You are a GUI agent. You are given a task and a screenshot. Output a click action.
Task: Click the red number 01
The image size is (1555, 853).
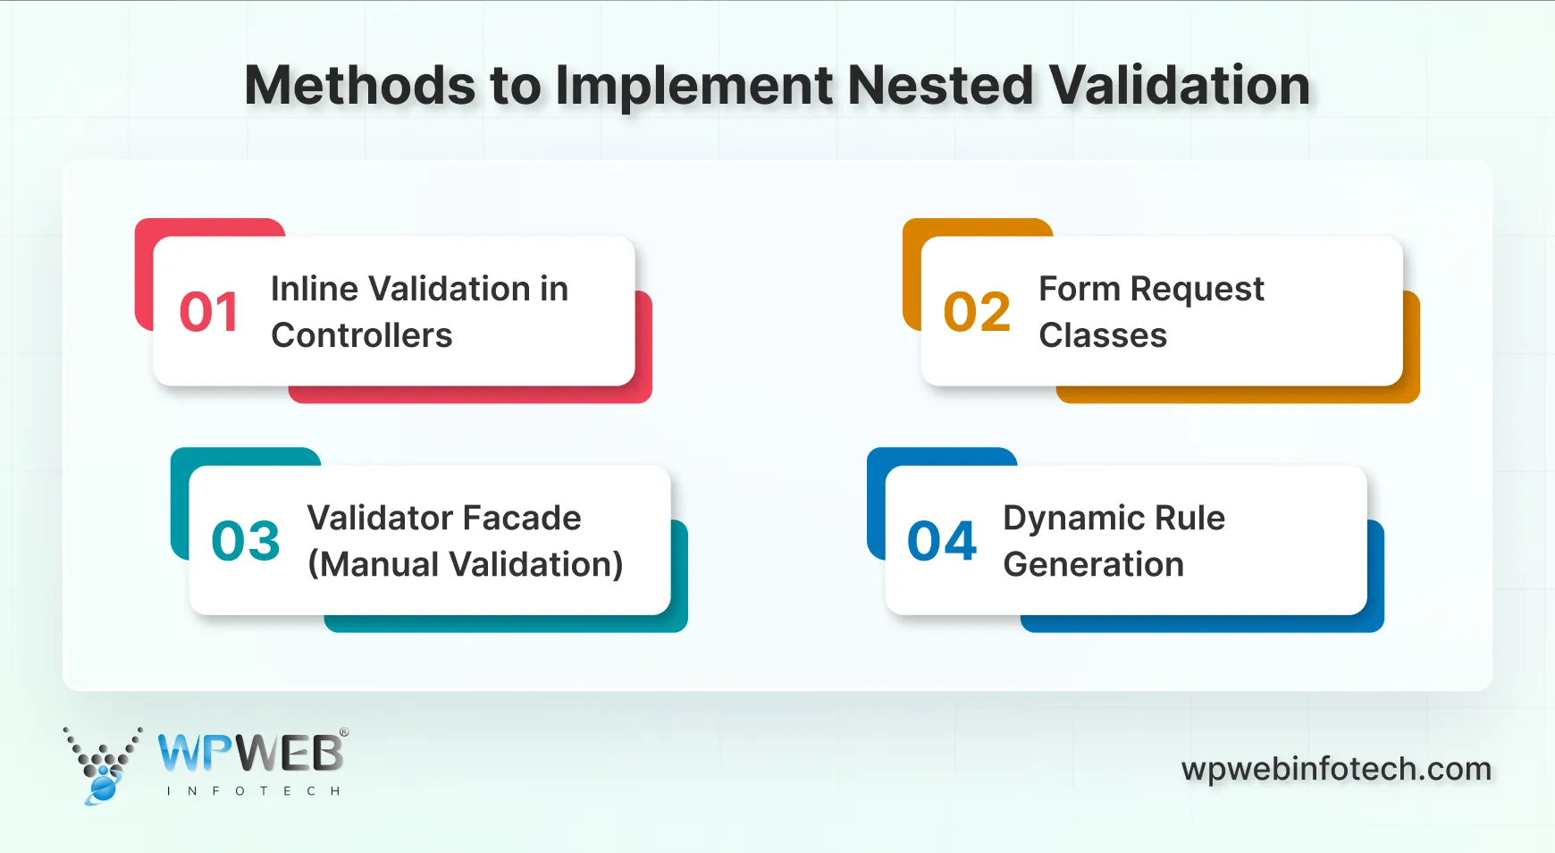click(209, 312)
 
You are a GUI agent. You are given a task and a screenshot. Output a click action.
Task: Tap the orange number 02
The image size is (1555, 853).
click(977, 312)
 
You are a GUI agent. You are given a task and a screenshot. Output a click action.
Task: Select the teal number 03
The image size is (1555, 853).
click(246, 541)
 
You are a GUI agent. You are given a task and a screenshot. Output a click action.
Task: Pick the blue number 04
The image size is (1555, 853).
click(942, 541)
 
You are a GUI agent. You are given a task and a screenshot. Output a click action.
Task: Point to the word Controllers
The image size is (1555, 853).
click(361, 335)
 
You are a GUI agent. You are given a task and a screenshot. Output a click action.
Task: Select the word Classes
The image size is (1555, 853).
click(1103, 335)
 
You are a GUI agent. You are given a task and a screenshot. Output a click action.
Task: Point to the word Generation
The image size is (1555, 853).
click(1093, 564)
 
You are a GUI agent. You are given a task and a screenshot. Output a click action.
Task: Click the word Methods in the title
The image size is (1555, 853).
click(360, 86)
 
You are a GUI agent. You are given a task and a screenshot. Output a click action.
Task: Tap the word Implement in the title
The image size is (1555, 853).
click(694, 86)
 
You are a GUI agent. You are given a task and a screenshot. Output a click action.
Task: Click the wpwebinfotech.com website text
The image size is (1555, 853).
click(1336, 769)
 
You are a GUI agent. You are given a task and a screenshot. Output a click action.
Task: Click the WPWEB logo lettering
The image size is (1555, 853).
click(250, 754)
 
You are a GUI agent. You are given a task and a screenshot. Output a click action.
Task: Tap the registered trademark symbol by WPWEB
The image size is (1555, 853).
click(344, 732)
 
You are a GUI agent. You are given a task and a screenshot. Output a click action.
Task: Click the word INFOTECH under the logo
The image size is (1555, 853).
click(253, 791)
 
